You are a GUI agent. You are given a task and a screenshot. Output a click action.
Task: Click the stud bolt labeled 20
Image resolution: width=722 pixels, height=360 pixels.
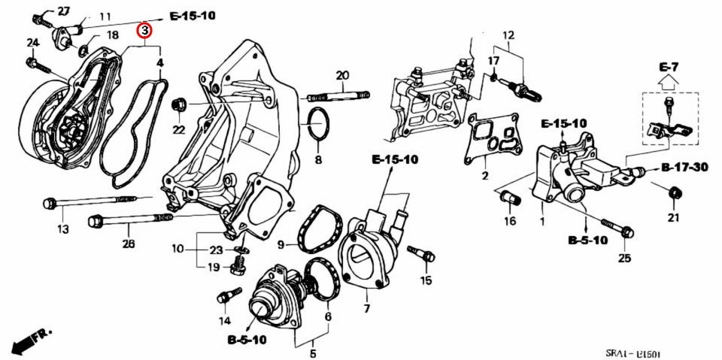coord(338,95)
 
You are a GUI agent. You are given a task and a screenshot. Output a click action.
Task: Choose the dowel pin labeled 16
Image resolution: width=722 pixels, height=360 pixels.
coord(511,199)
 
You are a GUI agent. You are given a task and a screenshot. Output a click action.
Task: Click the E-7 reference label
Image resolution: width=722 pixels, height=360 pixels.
coord(669,68)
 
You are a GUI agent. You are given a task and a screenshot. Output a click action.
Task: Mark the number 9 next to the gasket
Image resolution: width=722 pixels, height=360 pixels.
coord(280,245)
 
